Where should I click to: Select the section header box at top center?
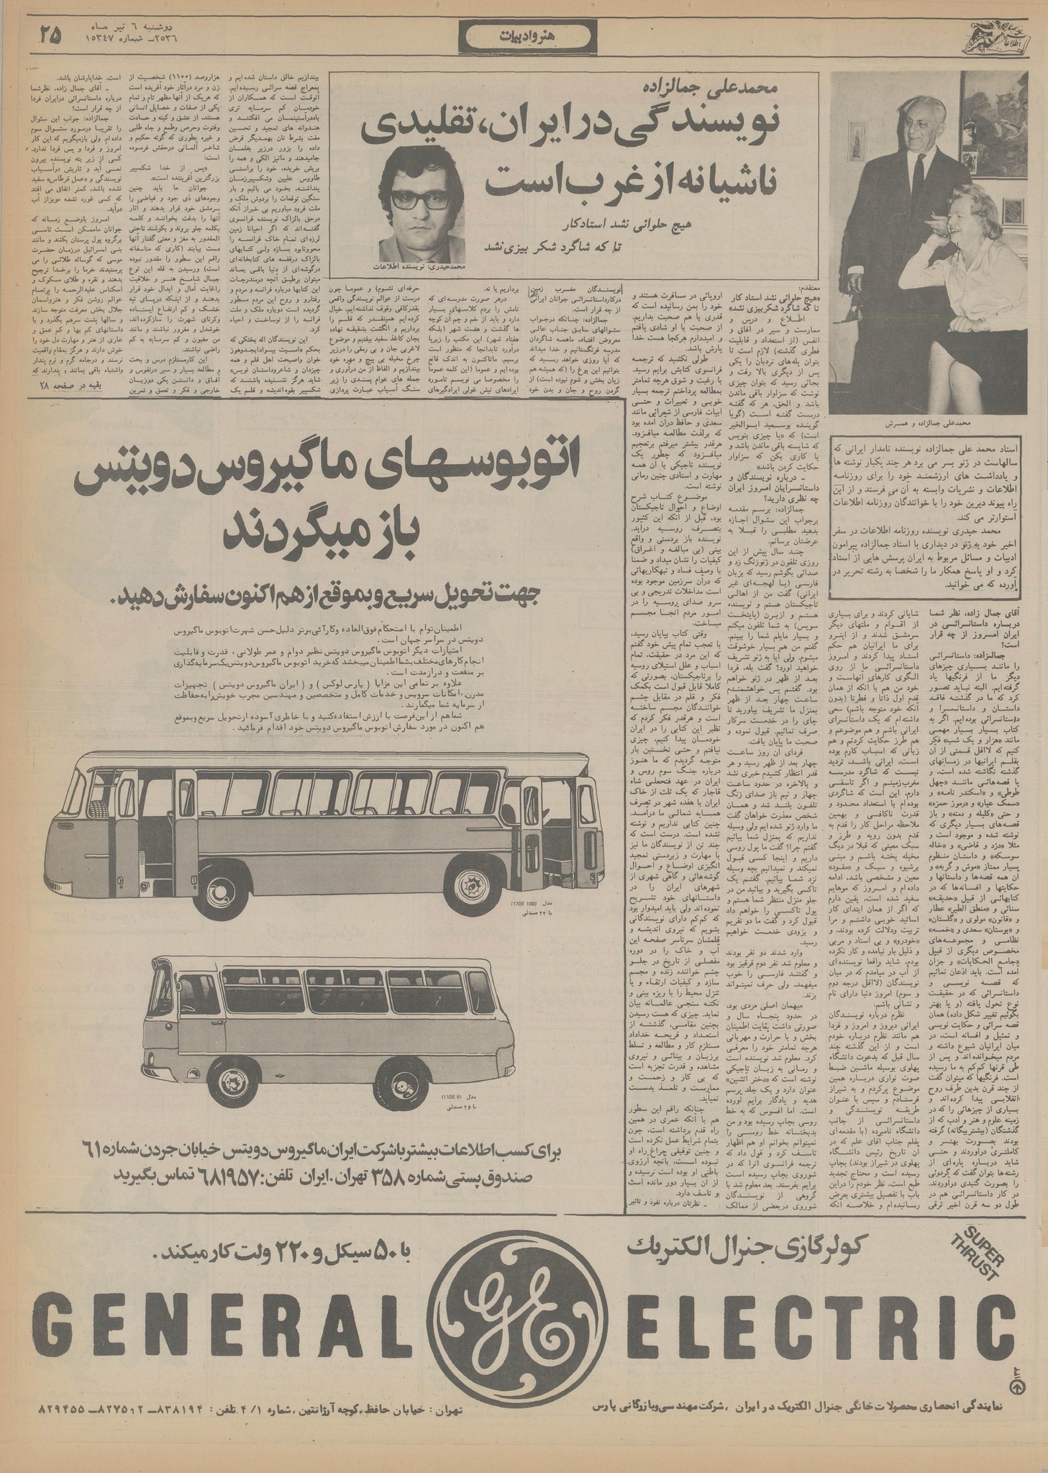pos(524,34)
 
